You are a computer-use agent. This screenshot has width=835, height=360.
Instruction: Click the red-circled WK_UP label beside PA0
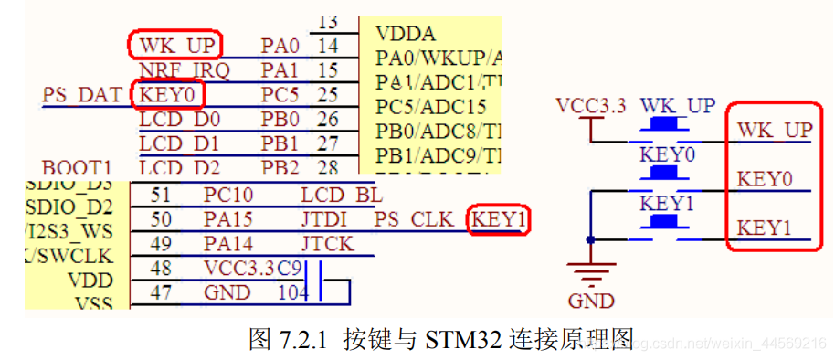[177, 44]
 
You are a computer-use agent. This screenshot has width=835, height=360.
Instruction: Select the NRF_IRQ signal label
[184, 69]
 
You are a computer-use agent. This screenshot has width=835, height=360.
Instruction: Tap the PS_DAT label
[81, 94]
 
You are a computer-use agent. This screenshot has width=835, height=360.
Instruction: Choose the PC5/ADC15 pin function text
[431, 106]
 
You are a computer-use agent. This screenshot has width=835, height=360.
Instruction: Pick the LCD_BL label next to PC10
[341, 195]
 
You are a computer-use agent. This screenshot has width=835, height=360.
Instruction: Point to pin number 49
[162, 244]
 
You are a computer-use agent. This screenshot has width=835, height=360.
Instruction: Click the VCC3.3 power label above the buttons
[590, 105]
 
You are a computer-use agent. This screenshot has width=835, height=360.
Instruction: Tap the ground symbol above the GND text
[591, 272]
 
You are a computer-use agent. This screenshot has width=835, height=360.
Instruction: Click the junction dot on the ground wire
[591, 240]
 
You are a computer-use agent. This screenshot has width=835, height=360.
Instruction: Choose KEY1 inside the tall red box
[765, 227]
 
